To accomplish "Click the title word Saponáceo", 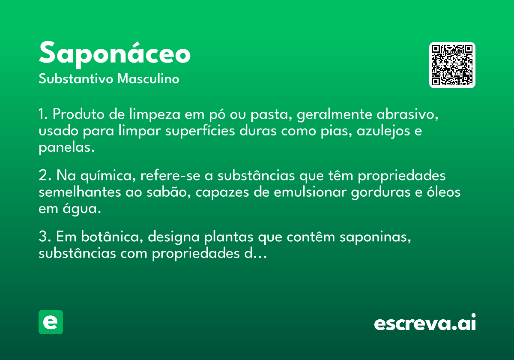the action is click(115, 54).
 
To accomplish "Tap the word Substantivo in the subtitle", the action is click(76, 79).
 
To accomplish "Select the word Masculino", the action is click(148, 79).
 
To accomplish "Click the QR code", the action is click(452, 65).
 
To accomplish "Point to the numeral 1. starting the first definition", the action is click(43, 114).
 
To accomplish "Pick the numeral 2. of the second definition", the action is click(45, 175).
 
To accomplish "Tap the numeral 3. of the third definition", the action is click(45, 237).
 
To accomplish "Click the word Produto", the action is click(78, 114).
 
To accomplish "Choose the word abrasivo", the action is click(407, 114).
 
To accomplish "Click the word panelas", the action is click(67, 148).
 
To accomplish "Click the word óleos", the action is click(444, 192).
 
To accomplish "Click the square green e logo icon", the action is click(51, 322).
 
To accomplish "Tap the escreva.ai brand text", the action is click(425, 322).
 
